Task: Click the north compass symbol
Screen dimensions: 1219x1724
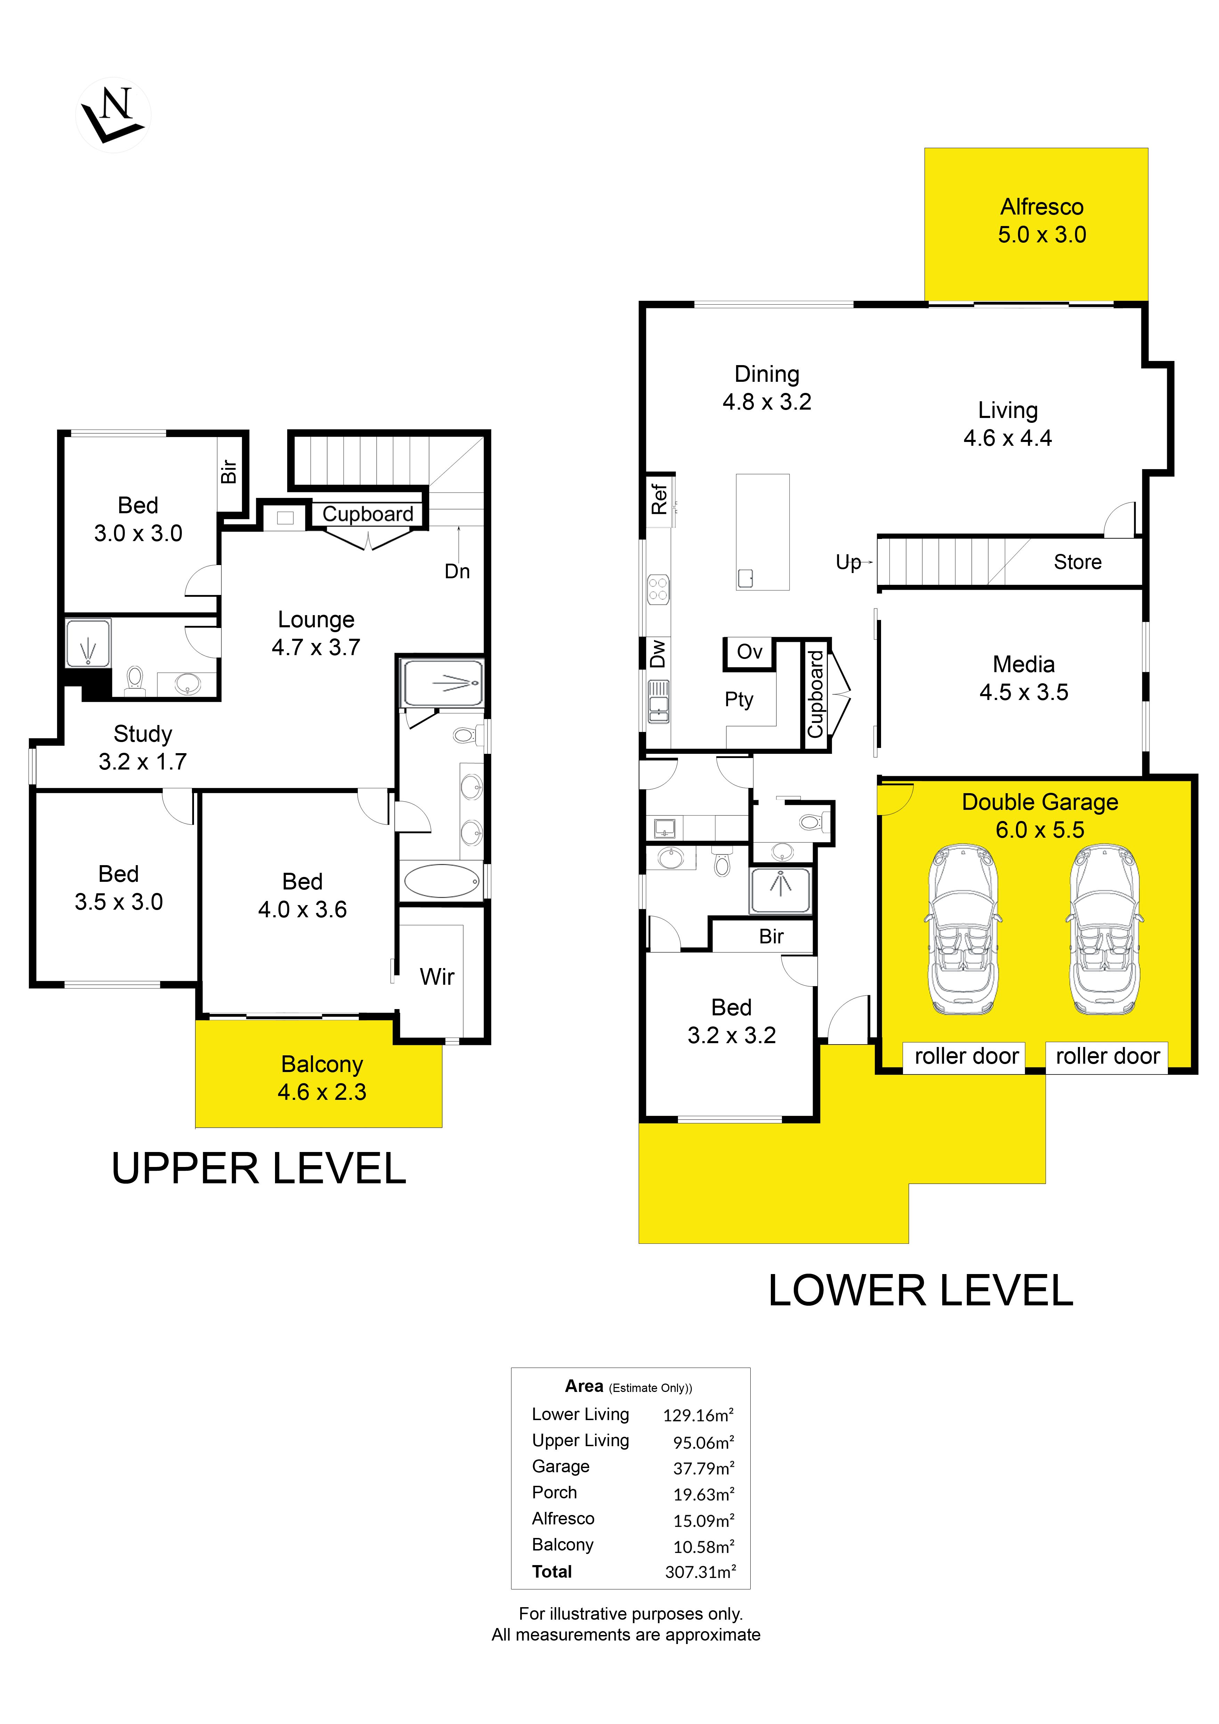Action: (x=113, y=115)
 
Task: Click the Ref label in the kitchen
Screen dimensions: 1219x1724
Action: (x=659, y=499)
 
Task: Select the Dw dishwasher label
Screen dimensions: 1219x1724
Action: (x=657, y=653)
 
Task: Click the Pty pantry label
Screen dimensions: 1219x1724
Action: (x=738, y=700)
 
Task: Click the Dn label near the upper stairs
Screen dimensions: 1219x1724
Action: (x=457, y=571)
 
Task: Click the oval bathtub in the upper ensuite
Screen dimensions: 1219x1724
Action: (x=442, y=881)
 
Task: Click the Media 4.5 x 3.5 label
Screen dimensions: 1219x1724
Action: (x=1024, y=678)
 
